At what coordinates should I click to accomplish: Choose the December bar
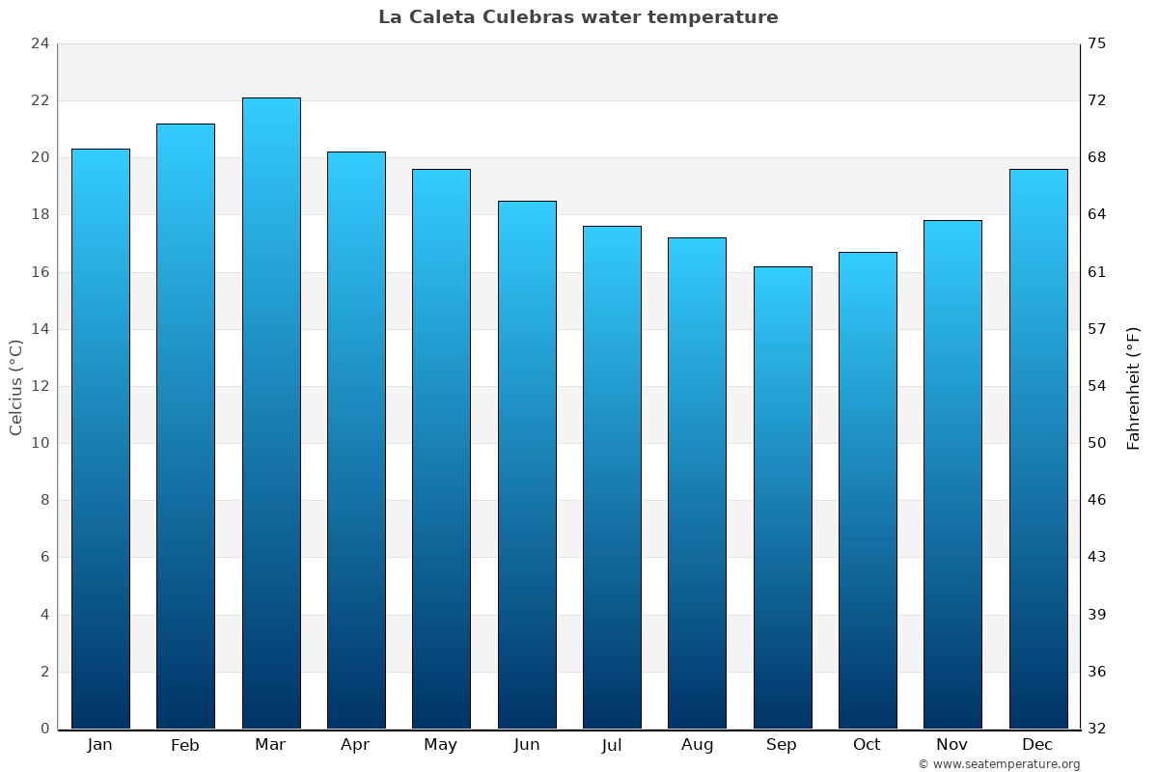pos(1038,449)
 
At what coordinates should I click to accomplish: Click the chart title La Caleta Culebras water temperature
pos(578,17)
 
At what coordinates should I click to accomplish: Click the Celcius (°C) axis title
pos(15,386)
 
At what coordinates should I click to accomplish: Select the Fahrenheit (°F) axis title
pos(1134,387)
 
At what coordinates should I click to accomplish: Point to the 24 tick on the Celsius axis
pos(40,43)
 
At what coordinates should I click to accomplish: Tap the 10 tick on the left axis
pos(40,443)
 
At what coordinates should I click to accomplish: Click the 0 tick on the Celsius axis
pos(44,729)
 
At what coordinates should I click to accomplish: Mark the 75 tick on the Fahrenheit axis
pos(1097,43)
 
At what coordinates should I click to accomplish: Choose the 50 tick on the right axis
pos(1097,443)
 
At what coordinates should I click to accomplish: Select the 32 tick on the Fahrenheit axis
pos(1097,729)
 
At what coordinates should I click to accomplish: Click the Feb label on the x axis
pos(185,745)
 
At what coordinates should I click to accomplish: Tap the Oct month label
pos(867,745)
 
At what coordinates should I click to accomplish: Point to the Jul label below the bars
pos(612,745)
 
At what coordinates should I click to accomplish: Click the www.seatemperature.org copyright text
pos(999,764)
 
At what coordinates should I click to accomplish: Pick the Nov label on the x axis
pos(952,745)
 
